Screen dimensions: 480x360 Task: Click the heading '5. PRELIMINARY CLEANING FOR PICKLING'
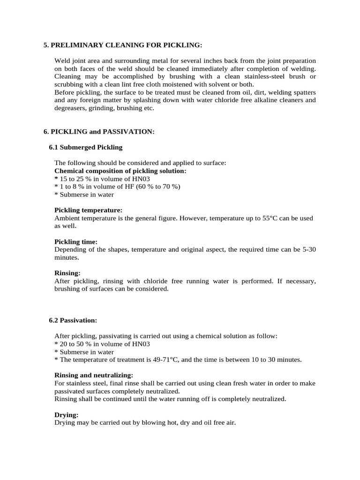pyautogui.click(x=123, y=45)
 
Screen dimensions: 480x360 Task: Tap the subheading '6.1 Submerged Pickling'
pyautogui.click(x=85, y=147)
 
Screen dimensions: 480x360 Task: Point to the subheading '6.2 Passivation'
pyautogui.click(x=73, y=320)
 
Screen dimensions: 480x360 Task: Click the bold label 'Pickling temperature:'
pyautogui.click(x=89, y=210)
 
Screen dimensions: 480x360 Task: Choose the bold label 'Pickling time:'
pyautogui.click(x=76, y=242)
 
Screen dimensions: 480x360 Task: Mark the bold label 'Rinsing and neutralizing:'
pyautogui.click(x=94, y=375)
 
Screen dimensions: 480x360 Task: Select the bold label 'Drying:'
pyautogui.click(x=67, y=415)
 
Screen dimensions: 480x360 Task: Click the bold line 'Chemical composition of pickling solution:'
pyautogui.click(x=120, y=171)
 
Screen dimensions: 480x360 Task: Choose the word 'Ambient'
pyautogui.click(x=67, y=218)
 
